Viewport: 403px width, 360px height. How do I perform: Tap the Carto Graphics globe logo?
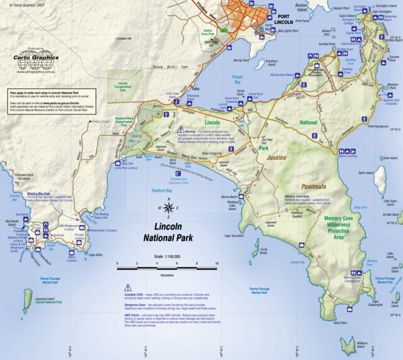coord(36,61)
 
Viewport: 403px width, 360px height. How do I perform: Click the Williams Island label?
coord(361,344)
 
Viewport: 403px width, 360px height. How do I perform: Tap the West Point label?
coord(340,323)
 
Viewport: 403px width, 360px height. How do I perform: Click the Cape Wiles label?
coord(95,255)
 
